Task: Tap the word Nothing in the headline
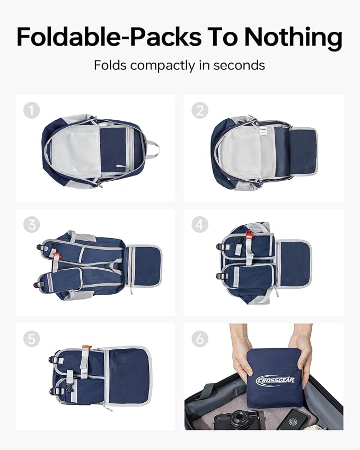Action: coord(293,38)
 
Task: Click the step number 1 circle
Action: coord(32,110)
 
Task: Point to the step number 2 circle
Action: coord(200,110)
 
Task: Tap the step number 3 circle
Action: coord(32,224)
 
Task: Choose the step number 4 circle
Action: coord(200,224)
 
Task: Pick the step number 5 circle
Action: coord(32,339)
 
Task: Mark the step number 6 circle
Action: coord(200,339)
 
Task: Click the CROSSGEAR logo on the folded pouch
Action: coord(275,380)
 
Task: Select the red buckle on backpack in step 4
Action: coord(250,234)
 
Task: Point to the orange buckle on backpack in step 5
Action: coord(86,348)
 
